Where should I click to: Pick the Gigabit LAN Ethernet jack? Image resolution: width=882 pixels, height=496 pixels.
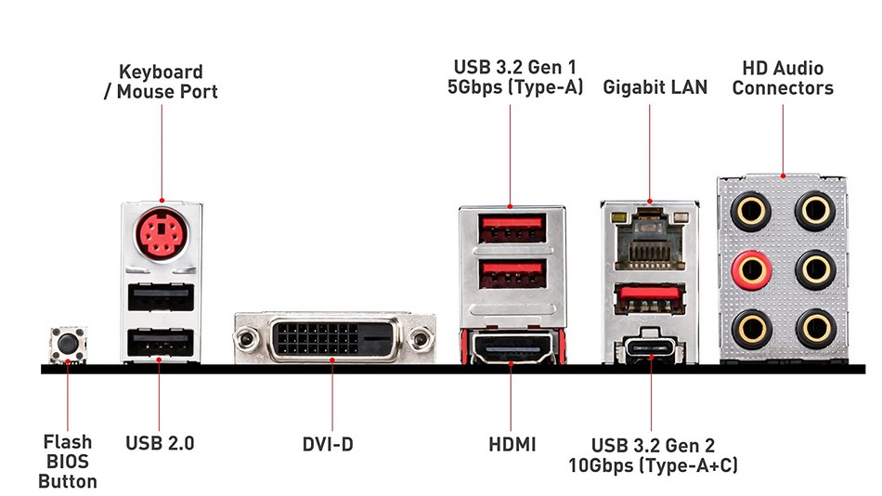[650, 237]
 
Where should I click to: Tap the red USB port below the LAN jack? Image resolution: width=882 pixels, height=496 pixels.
[650, 299]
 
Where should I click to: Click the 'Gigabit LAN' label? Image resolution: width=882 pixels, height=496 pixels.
[655, 88]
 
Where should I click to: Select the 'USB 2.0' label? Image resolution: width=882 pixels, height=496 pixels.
[160, 444]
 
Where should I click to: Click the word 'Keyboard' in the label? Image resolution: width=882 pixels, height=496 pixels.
[161, 72]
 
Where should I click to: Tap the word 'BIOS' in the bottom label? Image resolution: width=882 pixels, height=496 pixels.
[67, 463]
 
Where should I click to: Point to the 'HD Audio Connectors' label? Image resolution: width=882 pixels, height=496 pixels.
[783, 78]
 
